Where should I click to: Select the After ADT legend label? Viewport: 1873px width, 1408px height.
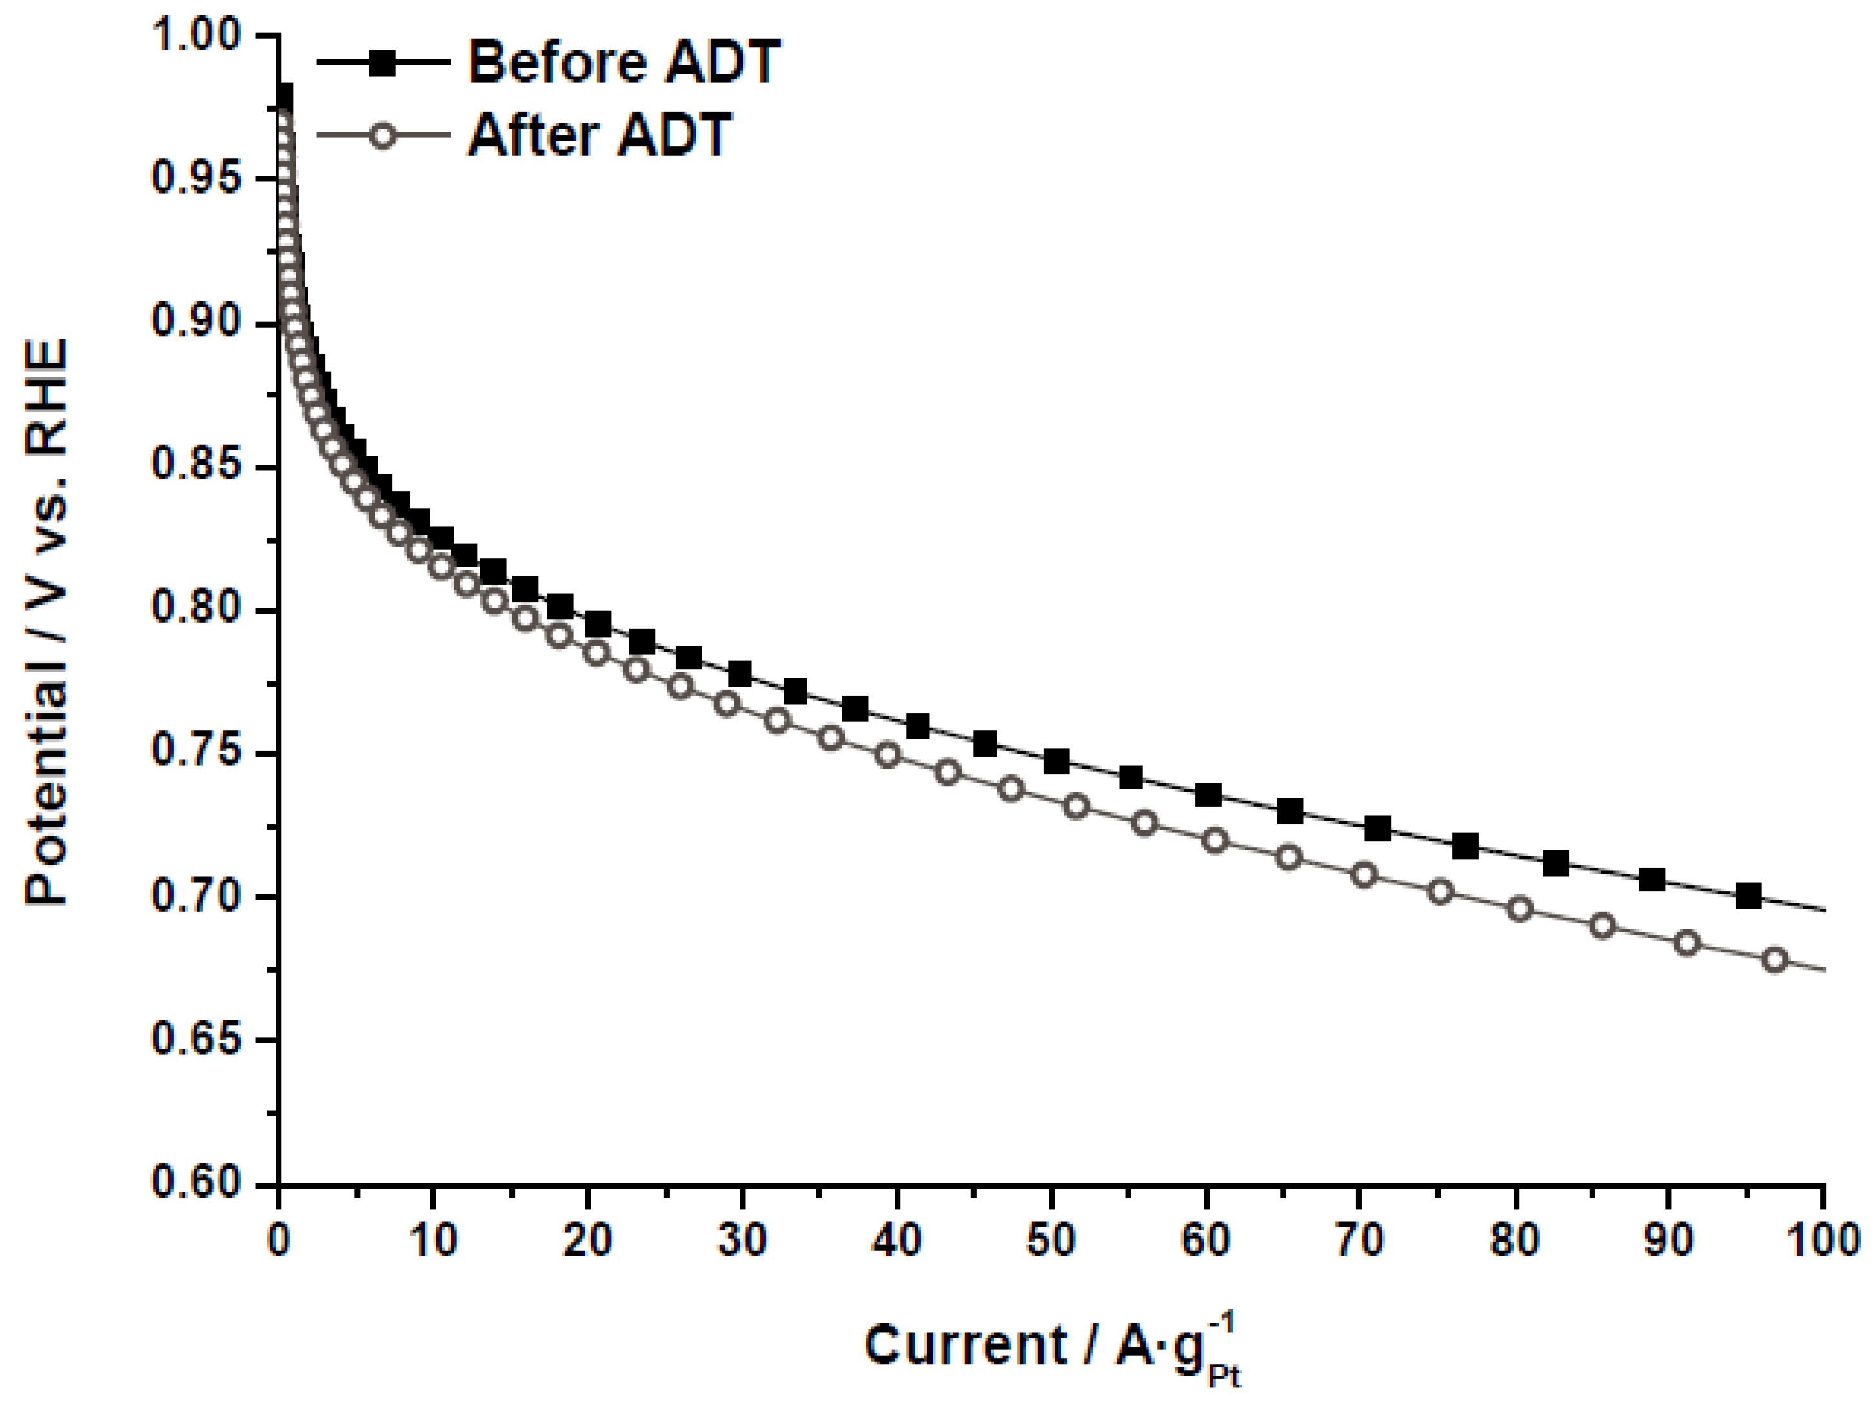click(x=599, y=135)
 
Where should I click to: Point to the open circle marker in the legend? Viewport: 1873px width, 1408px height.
click(x=383, y=136)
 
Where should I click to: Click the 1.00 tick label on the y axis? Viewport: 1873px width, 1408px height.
click(x=196, y=35)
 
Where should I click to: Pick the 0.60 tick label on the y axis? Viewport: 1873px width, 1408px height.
click(x=196, y=1182)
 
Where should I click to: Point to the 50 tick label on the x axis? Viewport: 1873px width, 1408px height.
click(x=1051, y=1240)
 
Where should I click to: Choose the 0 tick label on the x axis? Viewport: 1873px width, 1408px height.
click(x=279, y=1240)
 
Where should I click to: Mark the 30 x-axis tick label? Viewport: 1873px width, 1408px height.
click(x=742, y=1240)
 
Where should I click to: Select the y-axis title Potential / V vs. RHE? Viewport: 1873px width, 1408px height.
click(x=46, y=622)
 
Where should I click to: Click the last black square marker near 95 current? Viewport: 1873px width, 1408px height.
click(x=1748, y=895)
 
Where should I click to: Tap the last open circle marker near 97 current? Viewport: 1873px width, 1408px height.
click(x=1775, y=960)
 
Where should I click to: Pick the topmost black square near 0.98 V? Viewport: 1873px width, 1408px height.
click(x=283, y=96)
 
